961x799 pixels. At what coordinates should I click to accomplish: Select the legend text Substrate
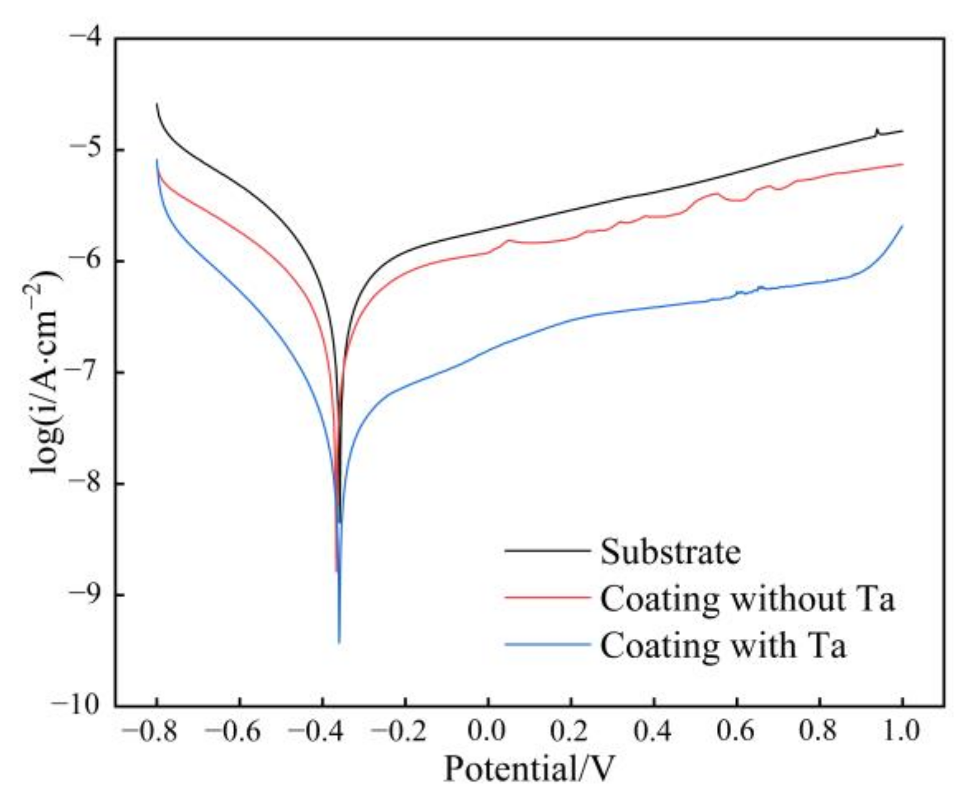coord(670,552)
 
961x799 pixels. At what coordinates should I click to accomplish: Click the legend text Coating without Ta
coord(747,598)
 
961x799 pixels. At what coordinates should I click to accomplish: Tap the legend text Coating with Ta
coord(722,645)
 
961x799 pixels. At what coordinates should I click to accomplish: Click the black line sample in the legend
coord(546,550)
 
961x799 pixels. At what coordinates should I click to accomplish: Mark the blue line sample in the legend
coord(546,644)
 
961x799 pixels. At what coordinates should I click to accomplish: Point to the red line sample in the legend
coord(546,597)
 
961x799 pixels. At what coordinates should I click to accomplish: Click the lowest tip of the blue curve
coord(339,642)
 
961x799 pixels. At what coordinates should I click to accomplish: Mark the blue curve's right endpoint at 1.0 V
coord(903,225)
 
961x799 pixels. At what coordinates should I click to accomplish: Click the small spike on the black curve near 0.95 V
coord(877,130)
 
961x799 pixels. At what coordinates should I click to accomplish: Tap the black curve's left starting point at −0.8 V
coord(157,103)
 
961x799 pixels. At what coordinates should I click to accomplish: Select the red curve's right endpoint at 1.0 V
coord(903,164)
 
